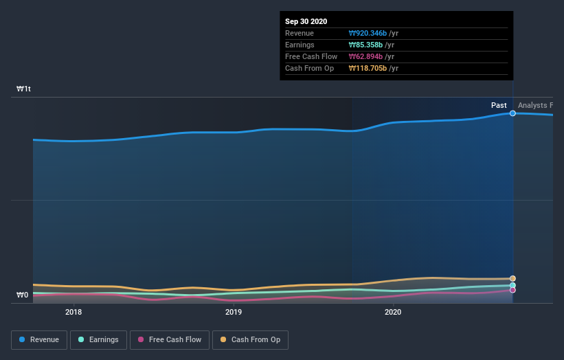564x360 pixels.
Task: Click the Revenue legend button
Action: click(40, 339)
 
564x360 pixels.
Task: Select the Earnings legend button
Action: click(99, 339)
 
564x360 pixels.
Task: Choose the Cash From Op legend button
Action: click(251, 339)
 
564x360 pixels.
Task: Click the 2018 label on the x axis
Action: click(74, 312)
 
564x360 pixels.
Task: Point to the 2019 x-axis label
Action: click(234, 312)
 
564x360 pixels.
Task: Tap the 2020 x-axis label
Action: click(393, 312)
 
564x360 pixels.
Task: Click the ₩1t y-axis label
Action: click(23, 89)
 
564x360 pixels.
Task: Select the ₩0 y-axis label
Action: click(23, 295)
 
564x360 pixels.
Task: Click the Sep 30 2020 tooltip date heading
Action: click(306, 21)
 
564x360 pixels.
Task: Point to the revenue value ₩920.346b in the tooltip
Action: click(368, 33)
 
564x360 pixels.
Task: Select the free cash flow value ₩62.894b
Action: click(365, 56)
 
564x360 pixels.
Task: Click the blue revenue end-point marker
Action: click(512, 113)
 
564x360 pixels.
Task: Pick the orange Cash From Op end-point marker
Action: click(512, 279)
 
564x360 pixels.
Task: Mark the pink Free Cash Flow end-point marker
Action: click(512, 290)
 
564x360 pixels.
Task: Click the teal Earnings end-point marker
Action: click(512, 285)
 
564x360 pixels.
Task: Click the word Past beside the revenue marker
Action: click(499, 105)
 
